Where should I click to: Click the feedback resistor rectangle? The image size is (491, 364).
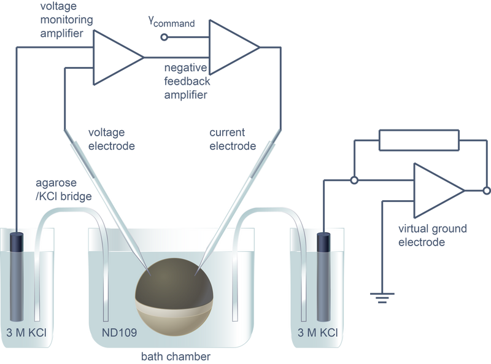(419, 141)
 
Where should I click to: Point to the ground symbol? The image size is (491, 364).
(382, 298)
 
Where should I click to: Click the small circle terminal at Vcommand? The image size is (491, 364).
(164, 37)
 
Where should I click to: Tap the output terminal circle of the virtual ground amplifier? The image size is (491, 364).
(487, 190)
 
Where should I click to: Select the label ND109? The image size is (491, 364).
(119, 332)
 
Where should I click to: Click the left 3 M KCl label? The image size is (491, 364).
(26, 332)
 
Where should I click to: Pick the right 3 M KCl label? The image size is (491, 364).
(318, 332)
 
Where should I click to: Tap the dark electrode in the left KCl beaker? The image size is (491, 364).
(17, 277)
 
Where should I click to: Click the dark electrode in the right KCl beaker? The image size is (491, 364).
(323, 277)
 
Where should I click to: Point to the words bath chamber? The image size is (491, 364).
(176, 357)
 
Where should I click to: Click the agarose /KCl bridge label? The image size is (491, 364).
(64, 190)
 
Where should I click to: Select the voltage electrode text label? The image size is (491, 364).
(112, 139)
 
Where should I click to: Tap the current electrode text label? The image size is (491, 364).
(233, 139)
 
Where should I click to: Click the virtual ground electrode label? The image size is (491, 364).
(433, 235)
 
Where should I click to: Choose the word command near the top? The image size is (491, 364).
(174, 24)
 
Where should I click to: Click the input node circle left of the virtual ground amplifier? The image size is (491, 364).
(354, 180)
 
